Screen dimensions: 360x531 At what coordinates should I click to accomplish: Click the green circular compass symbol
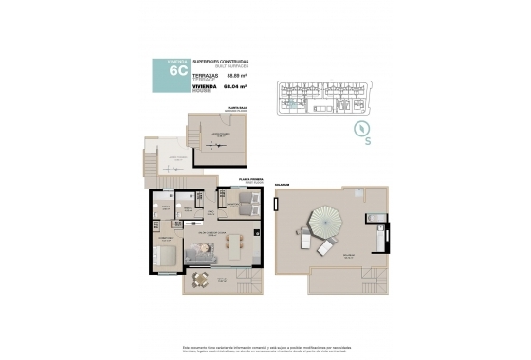coord(361,128)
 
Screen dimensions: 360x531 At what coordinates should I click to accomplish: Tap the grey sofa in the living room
coord(201,254)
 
